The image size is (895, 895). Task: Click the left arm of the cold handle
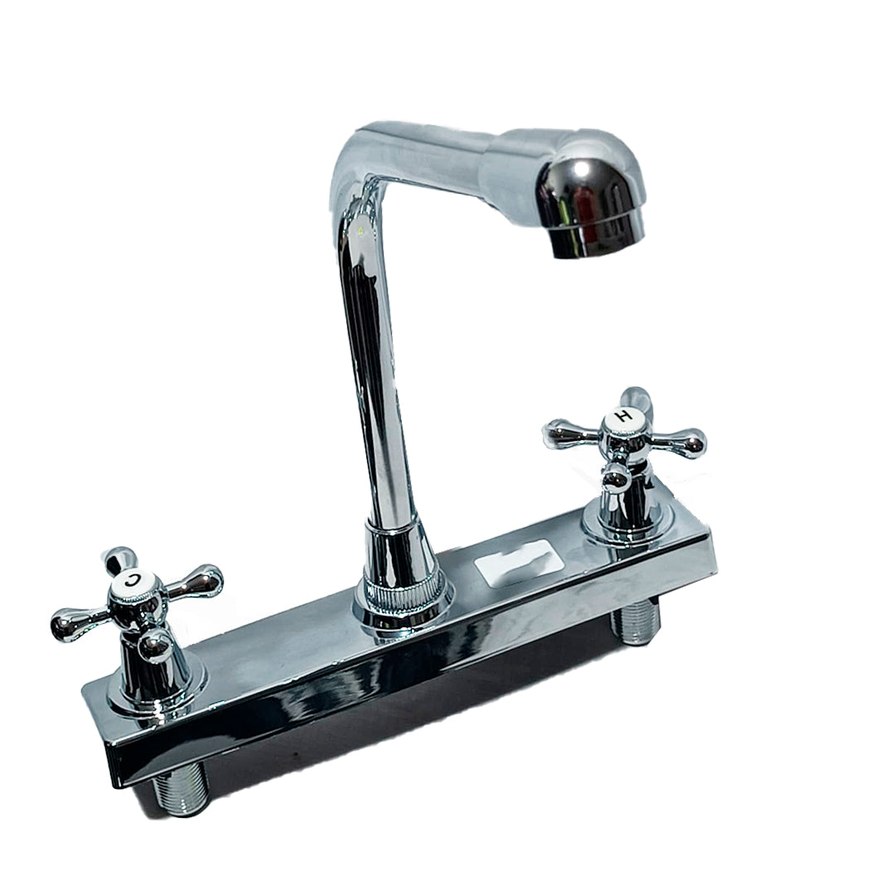(x=70, y=619)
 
